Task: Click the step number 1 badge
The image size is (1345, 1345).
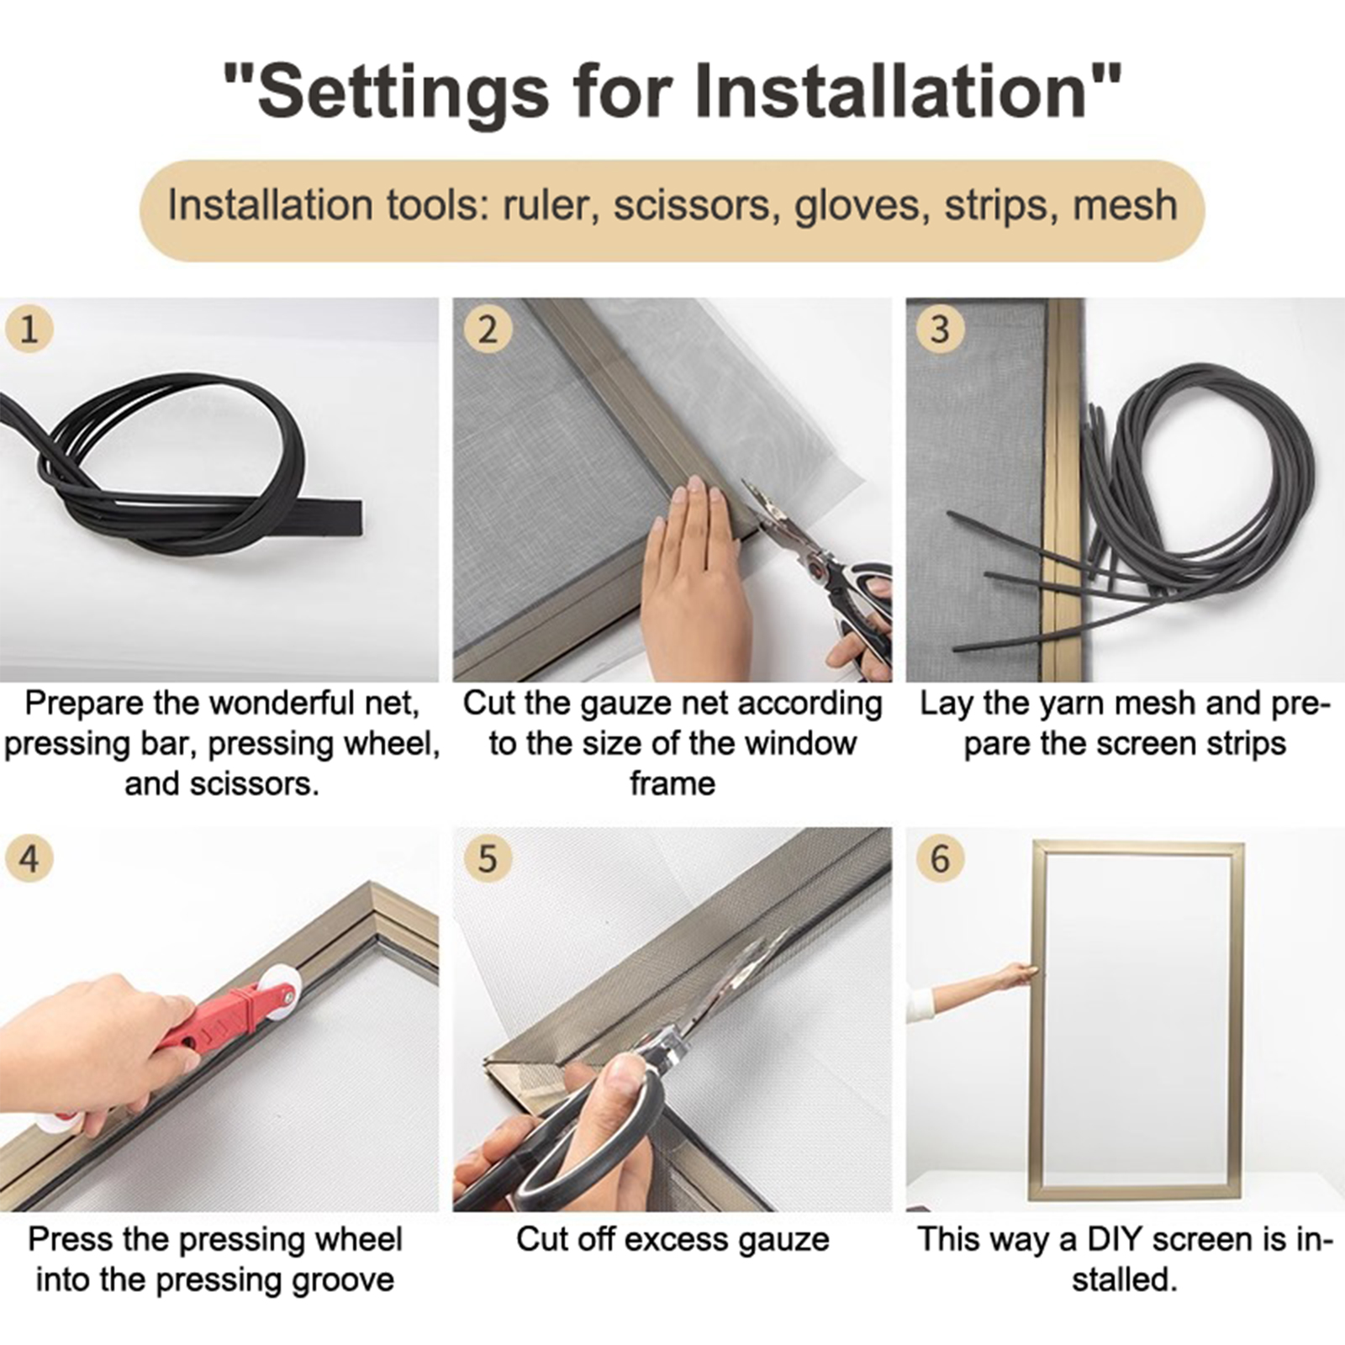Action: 29,329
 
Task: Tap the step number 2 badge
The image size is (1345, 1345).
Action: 487,329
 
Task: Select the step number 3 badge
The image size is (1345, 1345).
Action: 940,329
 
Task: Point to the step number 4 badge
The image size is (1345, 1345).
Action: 29,859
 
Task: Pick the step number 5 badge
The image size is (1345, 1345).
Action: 487,859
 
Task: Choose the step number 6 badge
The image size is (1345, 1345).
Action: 940,859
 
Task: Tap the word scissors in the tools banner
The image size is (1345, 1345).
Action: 692,206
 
